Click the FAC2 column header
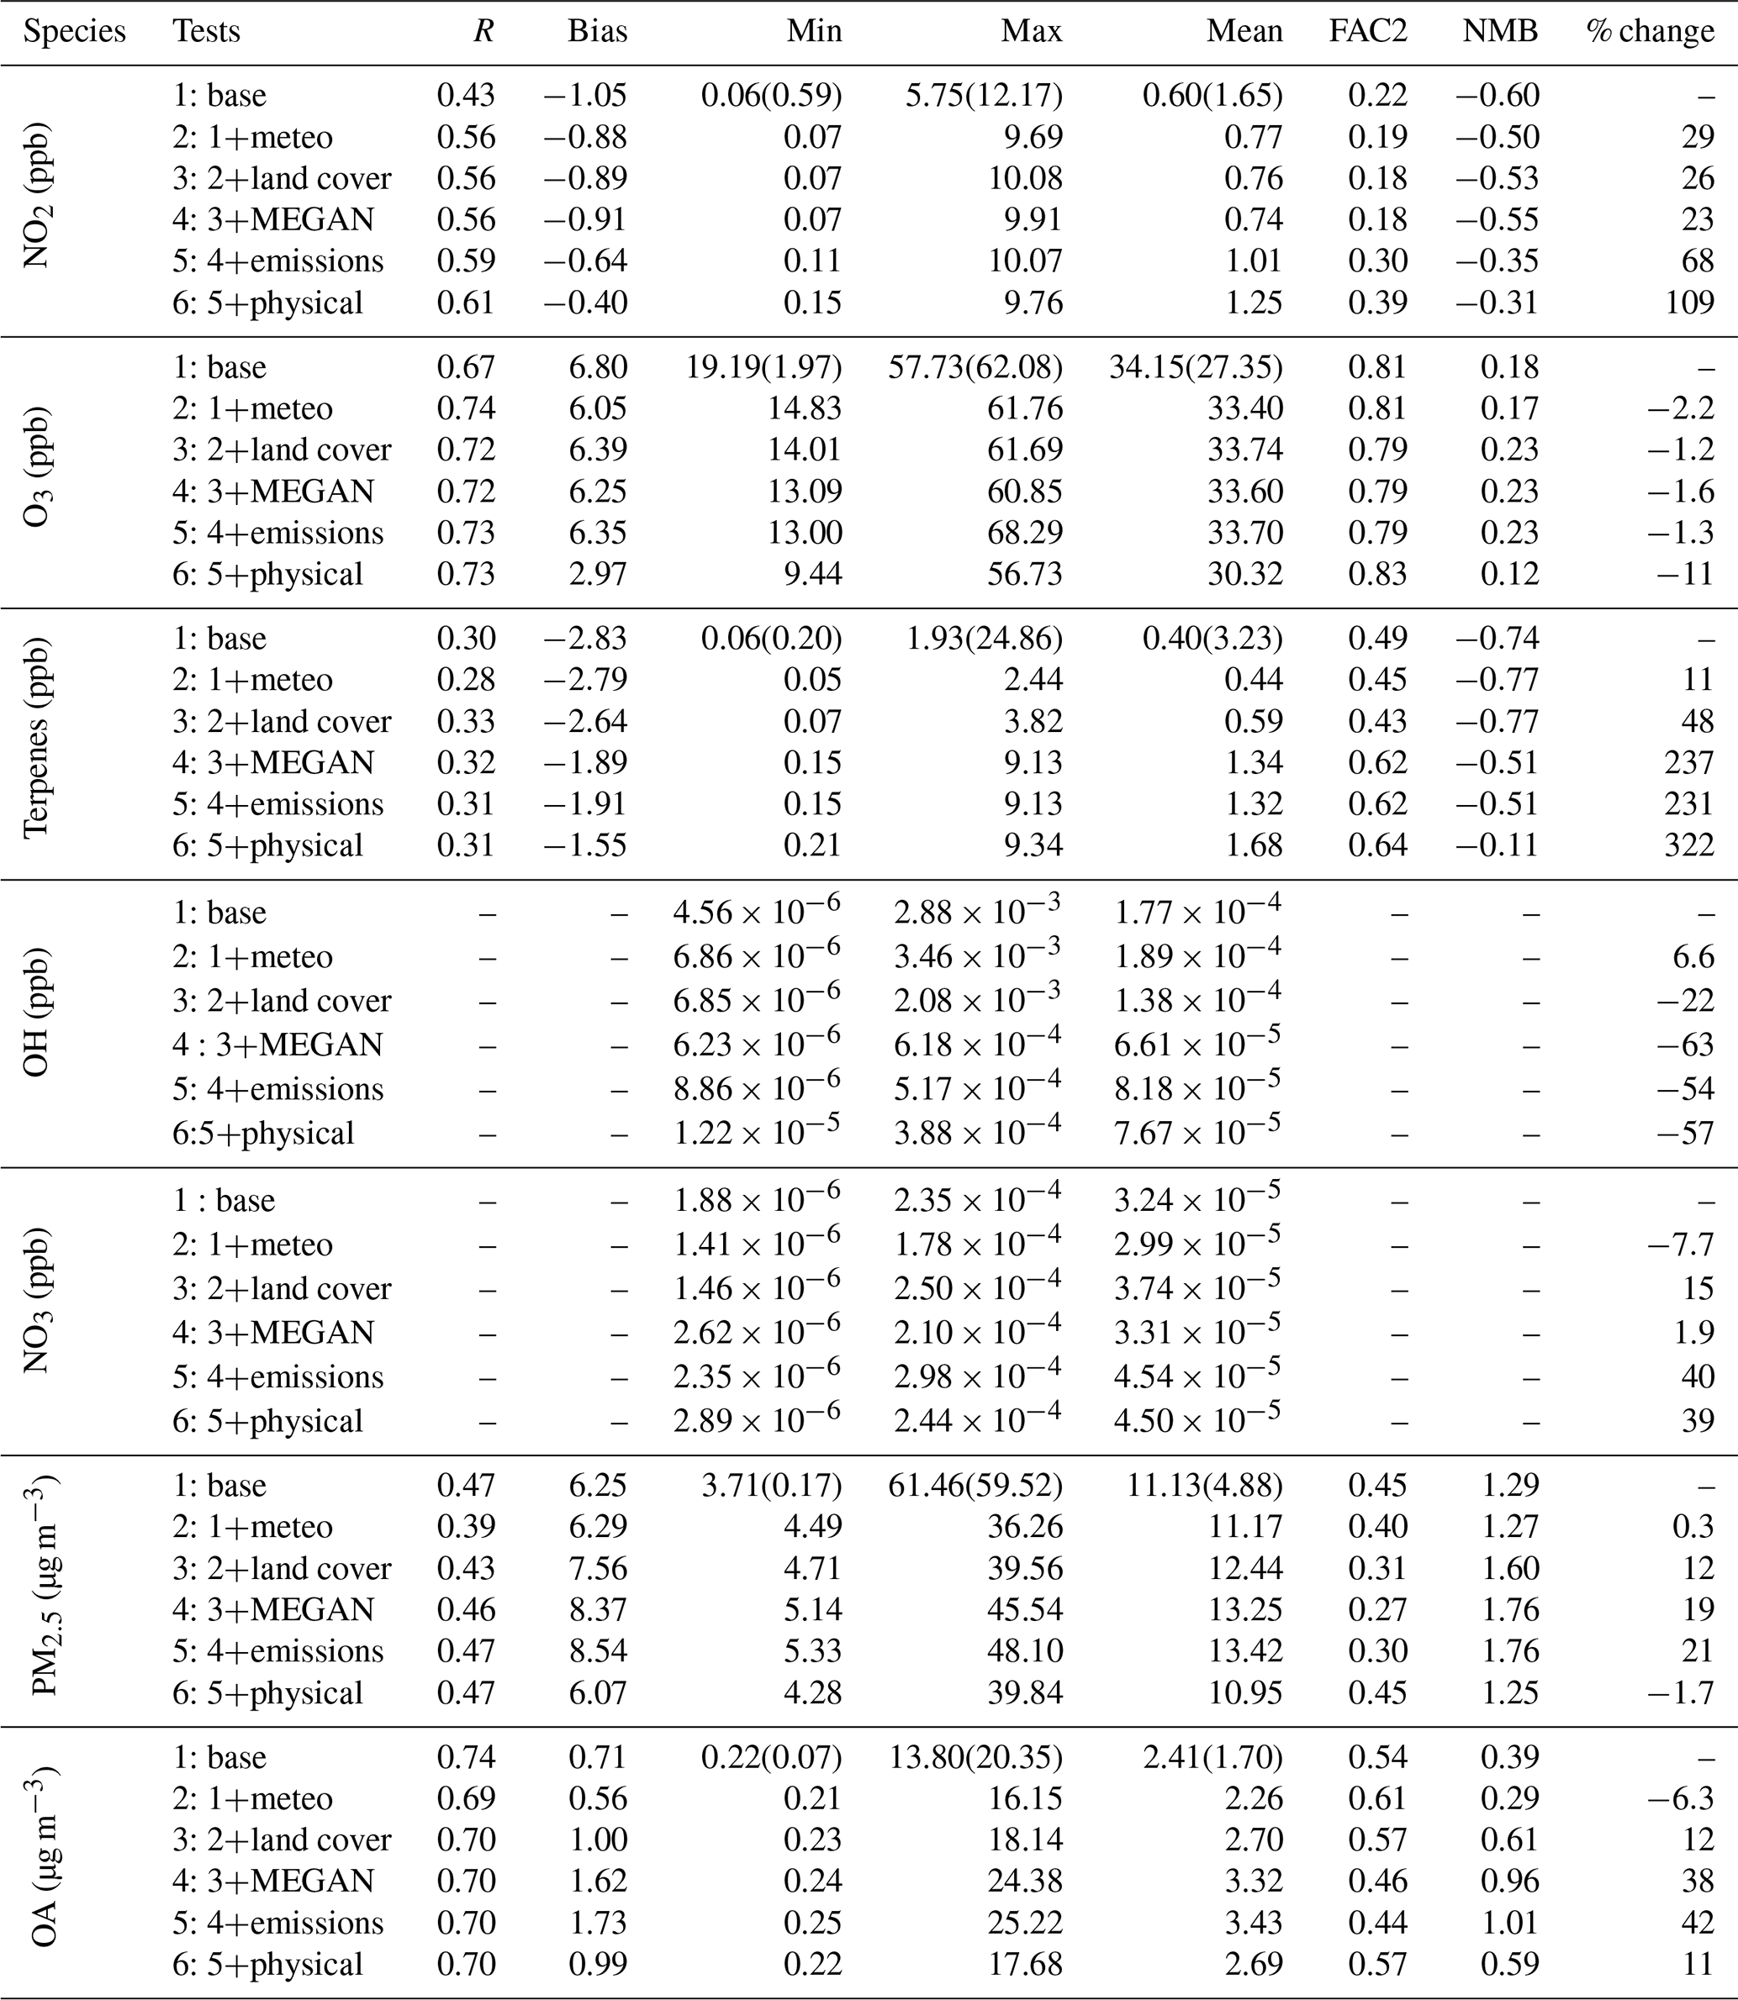(1367, 32)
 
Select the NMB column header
(1500, 32)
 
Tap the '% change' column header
(1650, 32)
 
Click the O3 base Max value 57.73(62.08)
(975, 367)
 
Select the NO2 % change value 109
(1689, 303)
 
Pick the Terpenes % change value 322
(1689, 845)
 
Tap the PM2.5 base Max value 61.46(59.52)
(975, 1485)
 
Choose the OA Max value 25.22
(1032, 1923)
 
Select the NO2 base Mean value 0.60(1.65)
(1212, 95)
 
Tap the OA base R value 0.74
(466, 1756)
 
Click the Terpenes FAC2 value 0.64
(1377, 845)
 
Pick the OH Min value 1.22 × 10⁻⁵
(757, 1132)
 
